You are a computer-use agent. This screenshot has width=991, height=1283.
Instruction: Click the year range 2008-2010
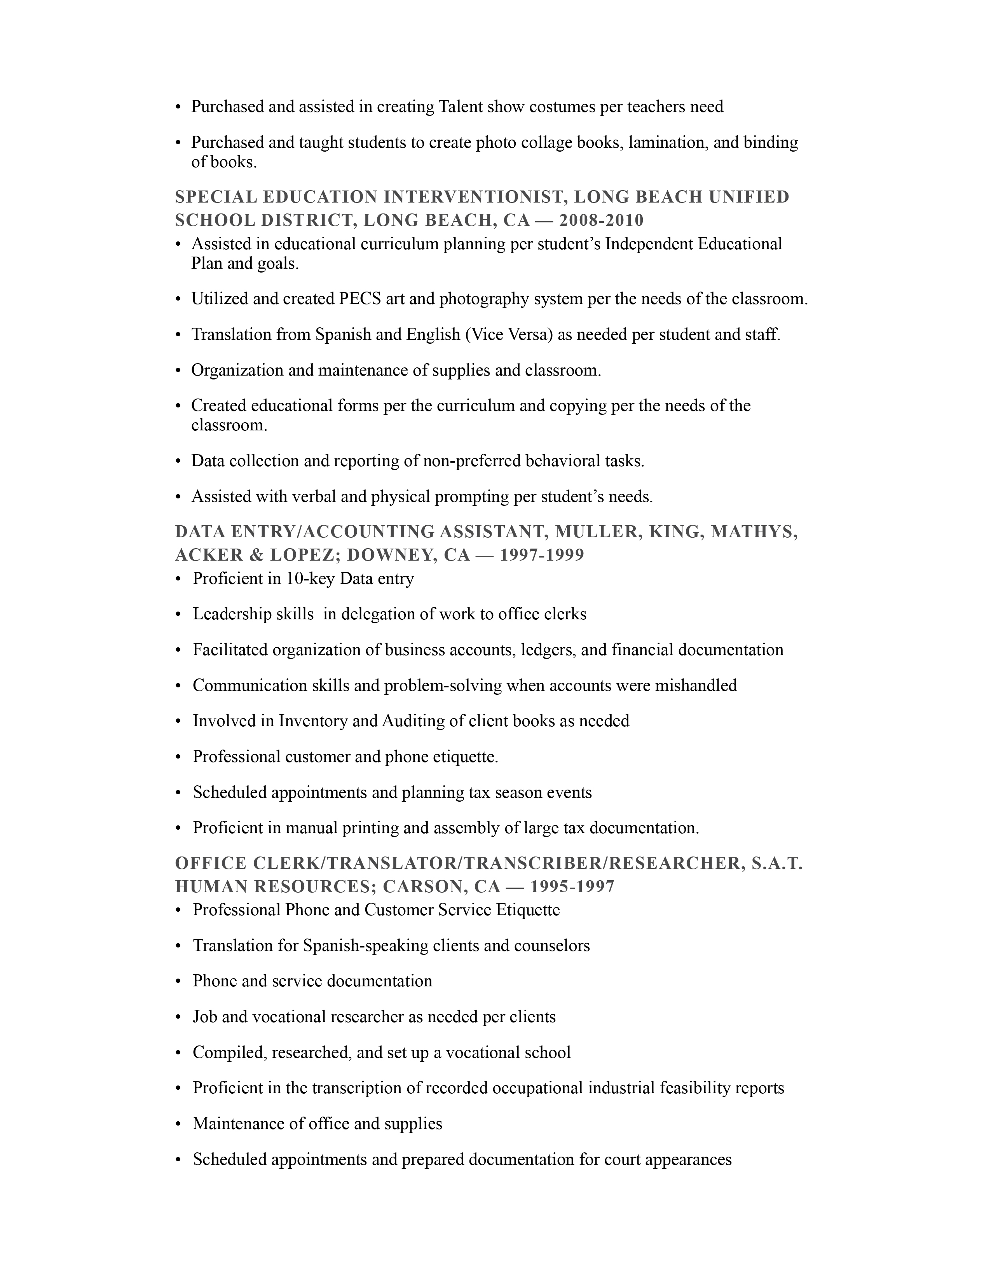[601, 220]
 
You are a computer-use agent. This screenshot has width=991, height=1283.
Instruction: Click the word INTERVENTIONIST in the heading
[475, 197]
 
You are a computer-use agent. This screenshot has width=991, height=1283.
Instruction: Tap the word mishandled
[696, 685]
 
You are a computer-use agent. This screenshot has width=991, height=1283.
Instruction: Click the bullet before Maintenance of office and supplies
[178, 1124]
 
